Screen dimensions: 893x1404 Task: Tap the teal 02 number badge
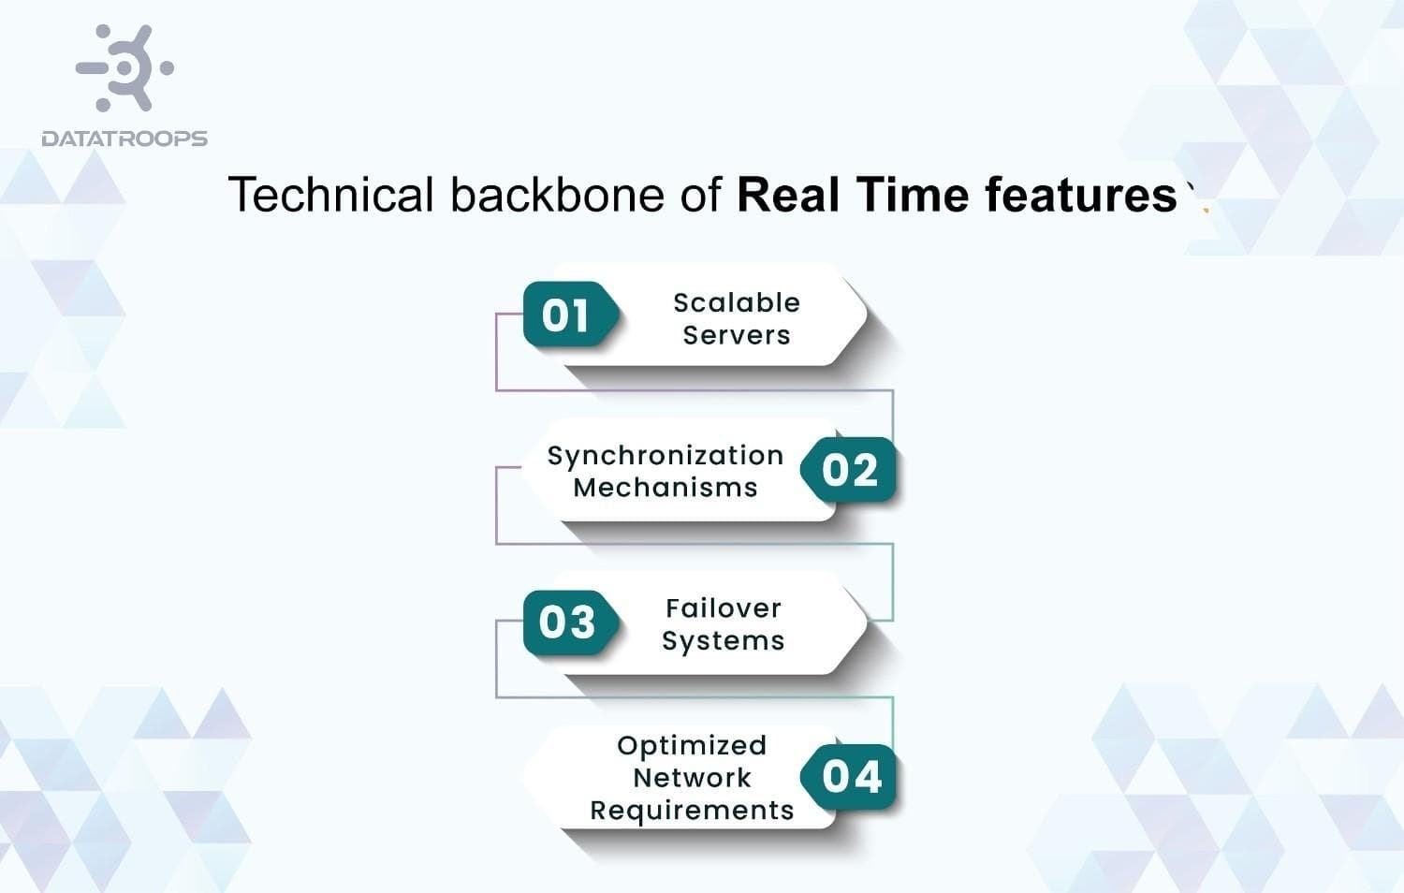click(x=850, y=470)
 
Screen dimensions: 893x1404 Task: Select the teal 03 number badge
click(x=567, y=622)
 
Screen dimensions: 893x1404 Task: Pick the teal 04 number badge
click(x=851, y=777)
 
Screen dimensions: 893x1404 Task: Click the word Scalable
click(x=737, y=302)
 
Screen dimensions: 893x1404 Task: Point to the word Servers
click(x=737, y=335)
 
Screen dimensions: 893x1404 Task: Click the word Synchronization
click(x=665, y=456)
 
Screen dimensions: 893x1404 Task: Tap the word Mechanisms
click(x=665, y=488)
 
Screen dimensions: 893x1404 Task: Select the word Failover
click(x=724, y=608)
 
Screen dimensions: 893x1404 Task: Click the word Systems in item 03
click(x=724, y=641)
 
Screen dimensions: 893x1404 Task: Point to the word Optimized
click(x=692, y=745)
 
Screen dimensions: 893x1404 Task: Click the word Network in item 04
click(x=692, y=778)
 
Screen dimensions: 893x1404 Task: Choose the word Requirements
click(x=692, y=811)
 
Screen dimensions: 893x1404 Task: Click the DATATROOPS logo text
click(x=124, y=139)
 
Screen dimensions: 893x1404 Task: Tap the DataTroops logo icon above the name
click(x=125, y=67)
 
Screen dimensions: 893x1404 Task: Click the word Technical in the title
click(x=331, y=195)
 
